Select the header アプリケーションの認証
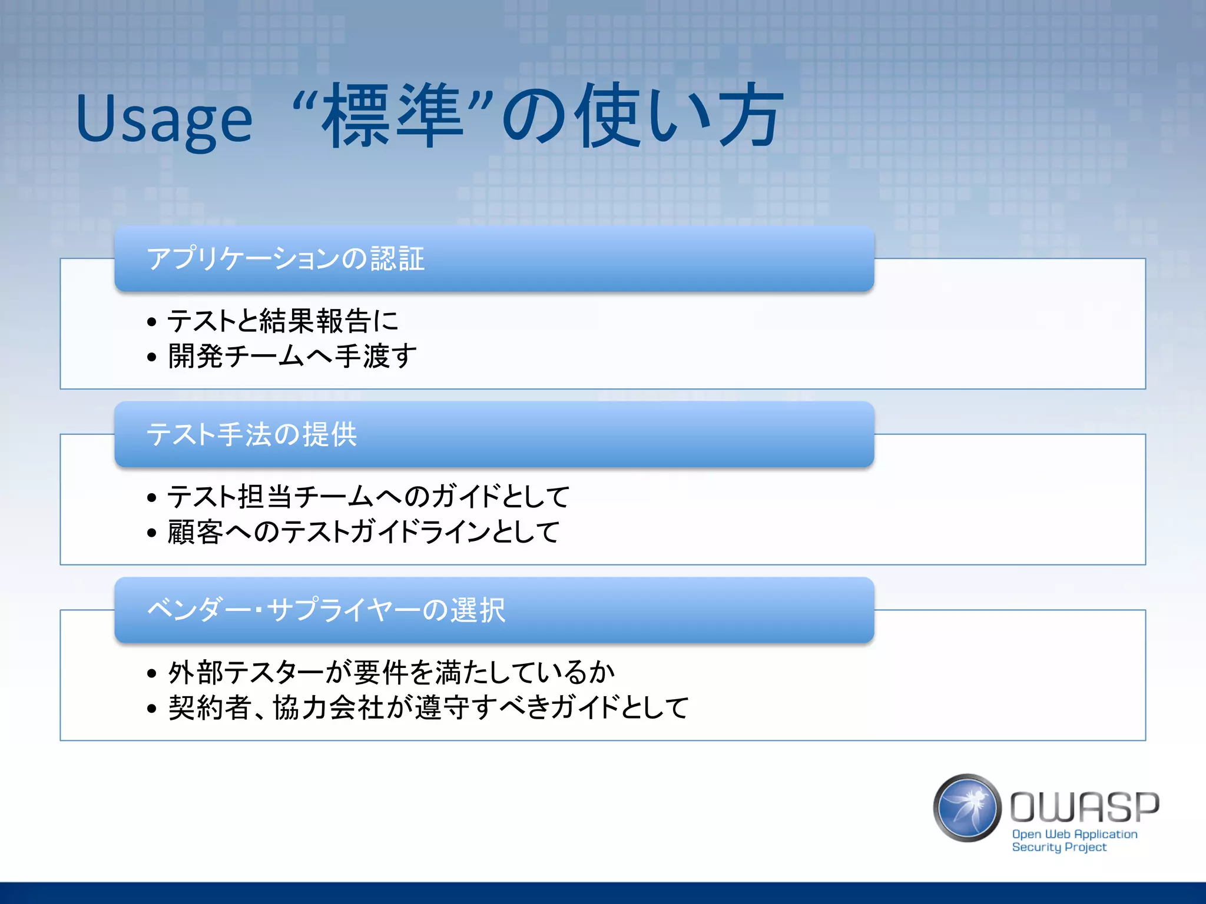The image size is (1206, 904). [x=286, y=259]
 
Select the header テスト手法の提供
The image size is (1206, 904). [x=251, y=434]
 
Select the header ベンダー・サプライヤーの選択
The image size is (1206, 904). [x=326, y=610]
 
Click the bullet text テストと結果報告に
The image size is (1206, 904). [x=283, y=321]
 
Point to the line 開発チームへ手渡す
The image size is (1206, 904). [x=293, y=356]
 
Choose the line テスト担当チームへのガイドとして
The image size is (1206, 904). [x=369, y=497]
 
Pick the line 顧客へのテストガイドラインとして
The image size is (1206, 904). [x=363, y=532]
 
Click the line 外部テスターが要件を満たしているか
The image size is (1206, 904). [x=392, y=672]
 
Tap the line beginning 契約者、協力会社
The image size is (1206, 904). [x=428, y=707]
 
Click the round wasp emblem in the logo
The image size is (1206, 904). [x=967, y=807]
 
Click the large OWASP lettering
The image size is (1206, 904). [x=1085, y=807]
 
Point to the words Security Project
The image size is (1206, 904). [x=1059, y=847]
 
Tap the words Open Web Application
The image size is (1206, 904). [x=1075, y=834]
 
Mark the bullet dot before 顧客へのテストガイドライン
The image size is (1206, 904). [x=152, y=533]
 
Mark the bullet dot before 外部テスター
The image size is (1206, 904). [x=152, y=673]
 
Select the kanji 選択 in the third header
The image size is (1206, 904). [x=478, y=610]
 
